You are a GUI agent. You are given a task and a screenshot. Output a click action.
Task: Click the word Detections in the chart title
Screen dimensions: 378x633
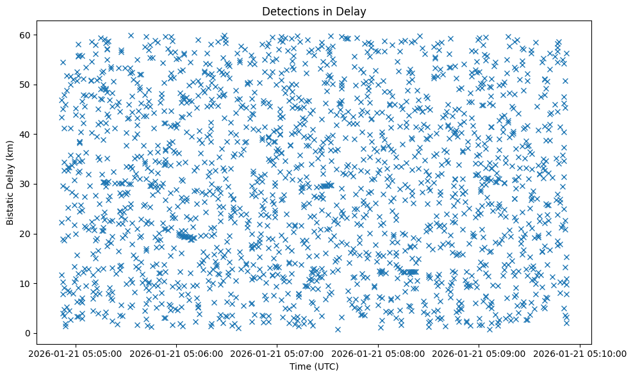point(287,11)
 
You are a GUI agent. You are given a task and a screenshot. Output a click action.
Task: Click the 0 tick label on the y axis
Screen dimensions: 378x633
point(29,333)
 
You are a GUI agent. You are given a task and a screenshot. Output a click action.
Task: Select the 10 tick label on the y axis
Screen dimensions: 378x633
point(26,283)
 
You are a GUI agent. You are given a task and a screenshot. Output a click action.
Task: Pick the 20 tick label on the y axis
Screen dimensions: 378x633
point(26,234)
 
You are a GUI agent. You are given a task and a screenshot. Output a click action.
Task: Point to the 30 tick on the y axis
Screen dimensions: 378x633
point(26,184)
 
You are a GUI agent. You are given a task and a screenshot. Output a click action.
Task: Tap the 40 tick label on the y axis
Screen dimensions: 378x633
point(26,135)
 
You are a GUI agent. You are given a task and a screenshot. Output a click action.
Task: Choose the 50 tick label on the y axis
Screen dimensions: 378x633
point(26,85)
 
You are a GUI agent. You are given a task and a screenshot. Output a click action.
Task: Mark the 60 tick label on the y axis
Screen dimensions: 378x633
point(26,35)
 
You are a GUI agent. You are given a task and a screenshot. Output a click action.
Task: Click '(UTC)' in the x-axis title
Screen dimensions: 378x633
point(325,367)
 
